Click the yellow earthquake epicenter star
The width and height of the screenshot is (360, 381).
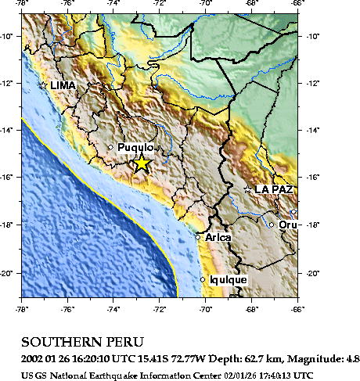[x=141, y=164]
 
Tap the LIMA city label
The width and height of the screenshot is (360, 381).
[x=64, y=85]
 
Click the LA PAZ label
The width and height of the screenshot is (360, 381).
[x=274, y=189]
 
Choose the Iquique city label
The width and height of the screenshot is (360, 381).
[x=228, y=279]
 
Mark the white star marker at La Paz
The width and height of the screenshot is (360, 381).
[x=248, y=189]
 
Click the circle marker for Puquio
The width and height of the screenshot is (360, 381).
[x=110, y=147]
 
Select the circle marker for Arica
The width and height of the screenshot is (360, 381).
[x=197, y=237]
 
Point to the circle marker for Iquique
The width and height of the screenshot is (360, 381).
[x=203, y=279]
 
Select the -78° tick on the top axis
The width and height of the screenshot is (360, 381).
[x=21, y=3]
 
